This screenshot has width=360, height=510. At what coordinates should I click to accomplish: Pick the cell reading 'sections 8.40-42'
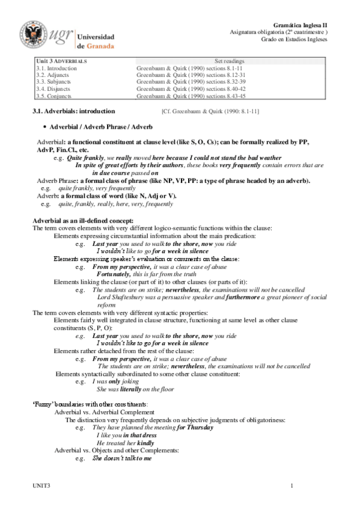pyautogui.click(x=231, y=88)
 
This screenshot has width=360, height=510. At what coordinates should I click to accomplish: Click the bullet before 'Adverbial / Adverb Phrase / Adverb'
pyautogui.click(x=46, y=127)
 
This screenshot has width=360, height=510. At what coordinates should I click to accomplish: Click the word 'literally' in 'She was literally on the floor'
pyautogui.click(x=139, y=389)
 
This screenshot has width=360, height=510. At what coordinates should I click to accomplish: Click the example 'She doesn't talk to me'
pyautogui.click(x=122, y=458)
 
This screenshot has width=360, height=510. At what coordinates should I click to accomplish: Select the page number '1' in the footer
pyautogui.click(x=291, y=485)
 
